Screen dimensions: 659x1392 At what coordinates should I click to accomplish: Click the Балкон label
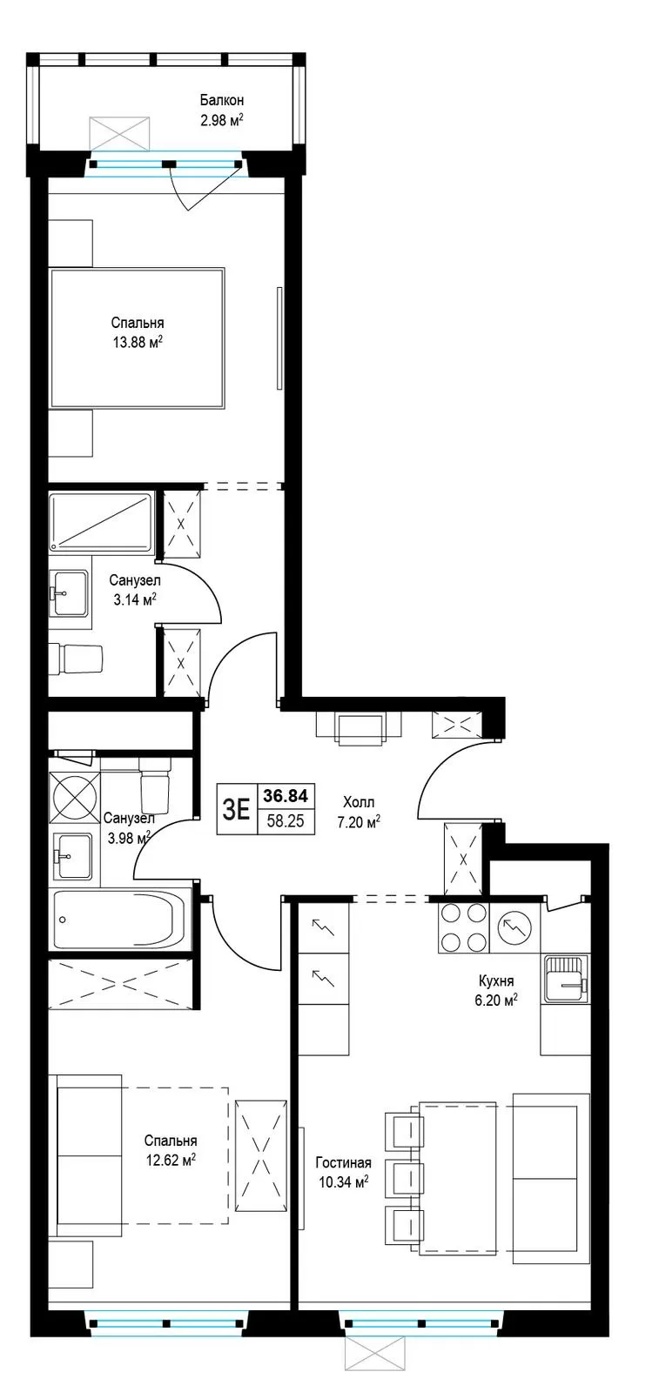pos(221,100)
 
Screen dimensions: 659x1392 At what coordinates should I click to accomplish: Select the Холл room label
pos(359,802)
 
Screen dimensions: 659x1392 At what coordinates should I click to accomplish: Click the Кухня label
pos(496,980)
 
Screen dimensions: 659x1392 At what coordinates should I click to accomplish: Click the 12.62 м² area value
pos(171,1159)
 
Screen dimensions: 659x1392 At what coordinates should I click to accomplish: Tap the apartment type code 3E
pos(236,809)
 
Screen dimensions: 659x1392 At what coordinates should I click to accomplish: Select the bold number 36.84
pos(286,795)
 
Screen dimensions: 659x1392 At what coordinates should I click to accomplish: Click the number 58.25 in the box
pos(286,821)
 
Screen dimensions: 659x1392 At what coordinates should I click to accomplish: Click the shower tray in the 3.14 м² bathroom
pos(101,522)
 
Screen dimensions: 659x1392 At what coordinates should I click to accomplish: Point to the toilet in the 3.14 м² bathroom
pos(75,659)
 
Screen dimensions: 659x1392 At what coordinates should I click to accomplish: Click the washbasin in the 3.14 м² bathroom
pos(69,592)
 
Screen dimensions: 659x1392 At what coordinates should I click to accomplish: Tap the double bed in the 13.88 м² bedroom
pos(137,338)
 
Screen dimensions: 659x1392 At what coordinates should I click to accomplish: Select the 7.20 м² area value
pos(359,822)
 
